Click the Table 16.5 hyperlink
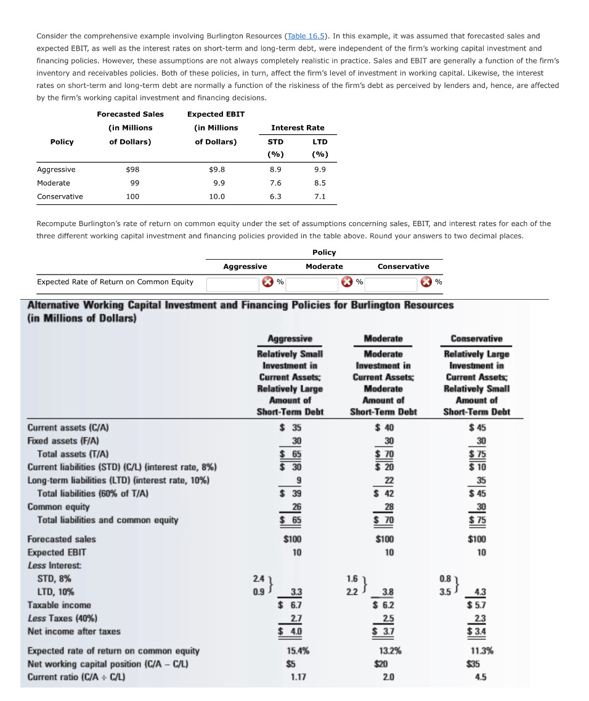(x=306, y=36)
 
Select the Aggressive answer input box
(x=232, y=283)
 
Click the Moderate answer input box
(x=312, y=283)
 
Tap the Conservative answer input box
(x=391, y=283)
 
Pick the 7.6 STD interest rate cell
(x=275, y=183)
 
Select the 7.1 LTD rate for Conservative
(x=320, y=196)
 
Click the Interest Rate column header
(x=298, y=127)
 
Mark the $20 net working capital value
(x=383, y=664)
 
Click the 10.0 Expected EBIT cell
(x=217, y=196)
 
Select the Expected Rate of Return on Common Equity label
(x=115, y=282)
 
